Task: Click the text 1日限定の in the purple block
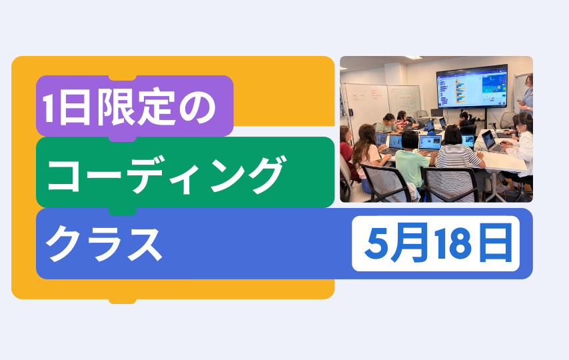tap(129, 107)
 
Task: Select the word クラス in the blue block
tap(104, 243)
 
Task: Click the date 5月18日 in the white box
tap(438, 243)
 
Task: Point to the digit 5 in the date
tap(376, 244)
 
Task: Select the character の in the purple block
tap(198, 107)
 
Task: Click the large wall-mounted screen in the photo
tap(472, 87)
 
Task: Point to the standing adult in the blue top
tap(527, 95)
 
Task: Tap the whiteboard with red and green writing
tap(404, 98)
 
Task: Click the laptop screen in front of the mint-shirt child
tap(430, 143)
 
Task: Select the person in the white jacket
tap(521, 145)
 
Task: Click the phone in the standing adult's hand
tap(520, 100)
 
